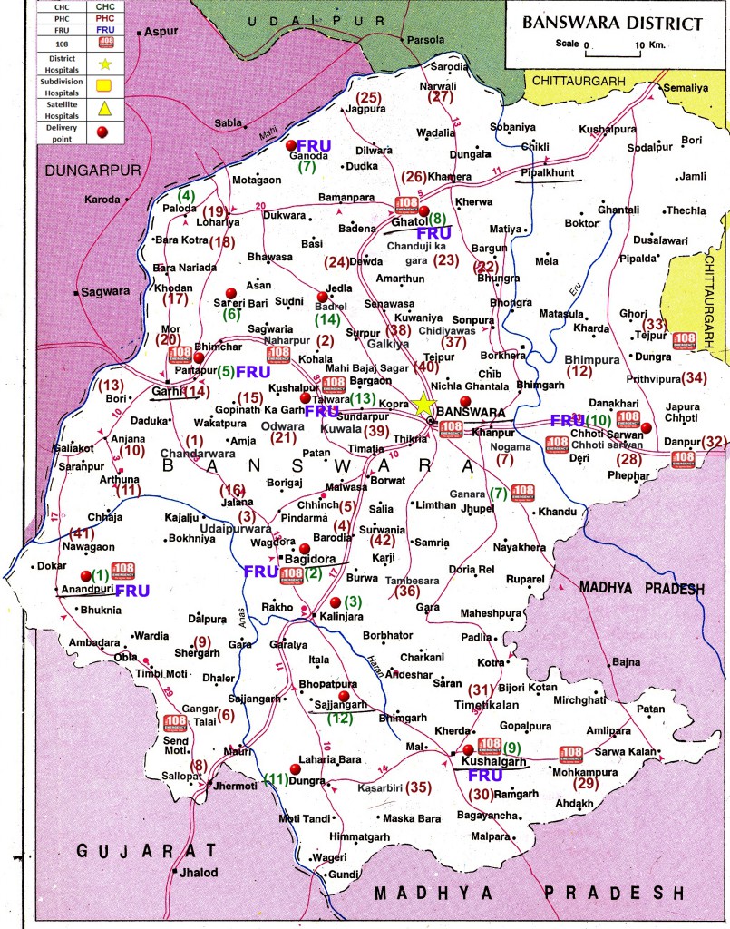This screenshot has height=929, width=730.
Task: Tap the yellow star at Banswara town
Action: (x=423, y=406)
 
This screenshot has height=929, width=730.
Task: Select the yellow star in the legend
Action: (x=104, y=64)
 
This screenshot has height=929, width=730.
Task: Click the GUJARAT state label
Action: (x=146, y=851)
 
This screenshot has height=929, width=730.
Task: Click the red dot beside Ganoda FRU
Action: (x=291, y=145)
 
